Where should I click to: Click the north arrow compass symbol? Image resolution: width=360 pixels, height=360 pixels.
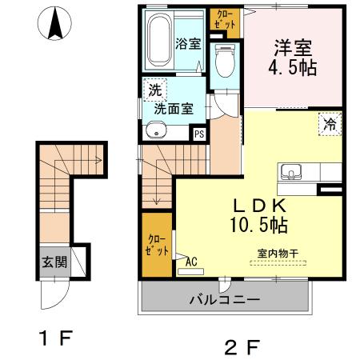tap(55, 24)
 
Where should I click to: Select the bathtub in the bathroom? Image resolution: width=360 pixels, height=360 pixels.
tap(158, 39)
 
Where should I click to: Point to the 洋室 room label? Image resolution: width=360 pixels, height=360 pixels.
tap(294, 46)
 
